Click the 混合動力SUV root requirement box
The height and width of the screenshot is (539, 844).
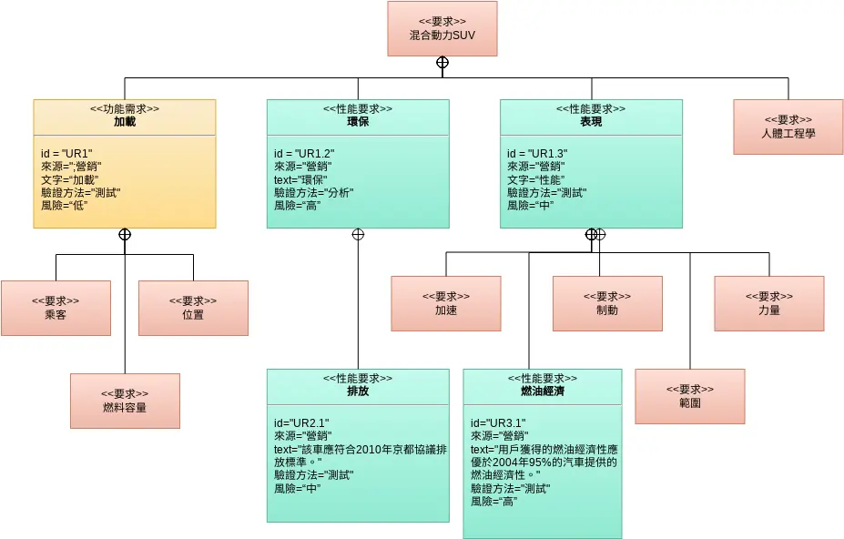pos(442,28)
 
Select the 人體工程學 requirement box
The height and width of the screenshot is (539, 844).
pos(788,127)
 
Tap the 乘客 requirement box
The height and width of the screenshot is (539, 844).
pos(56,308)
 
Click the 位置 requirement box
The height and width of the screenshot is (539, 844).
pos(193,308)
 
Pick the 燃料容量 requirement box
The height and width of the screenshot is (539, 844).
pos(125,401)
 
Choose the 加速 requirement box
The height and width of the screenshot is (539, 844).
pos(445,303)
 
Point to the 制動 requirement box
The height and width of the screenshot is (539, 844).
pos(607,303)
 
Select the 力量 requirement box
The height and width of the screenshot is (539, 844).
pos(768,303)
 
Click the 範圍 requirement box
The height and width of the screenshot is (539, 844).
pos(689,396)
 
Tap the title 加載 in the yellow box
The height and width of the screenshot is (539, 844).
pos(125,121)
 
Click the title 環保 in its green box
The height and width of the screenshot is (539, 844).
pos(358,121)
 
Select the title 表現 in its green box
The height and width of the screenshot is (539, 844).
pos(591,121)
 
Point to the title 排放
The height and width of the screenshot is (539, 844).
pos(358,391)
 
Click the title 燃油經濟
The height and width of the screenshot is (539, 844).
pos(543,391)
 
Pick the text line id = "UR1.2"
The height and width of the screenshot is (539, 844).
pos(304,154)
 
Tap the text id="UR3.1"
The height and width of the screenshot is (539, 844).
pos(498,423)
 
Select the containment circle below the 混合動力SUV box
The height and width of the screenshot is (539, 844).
pos(442,63)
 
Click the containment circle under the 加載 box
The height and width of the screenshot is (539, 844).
pos(125,234)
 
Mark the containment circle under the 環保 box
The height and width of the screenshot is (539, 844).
pos(358,234)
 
